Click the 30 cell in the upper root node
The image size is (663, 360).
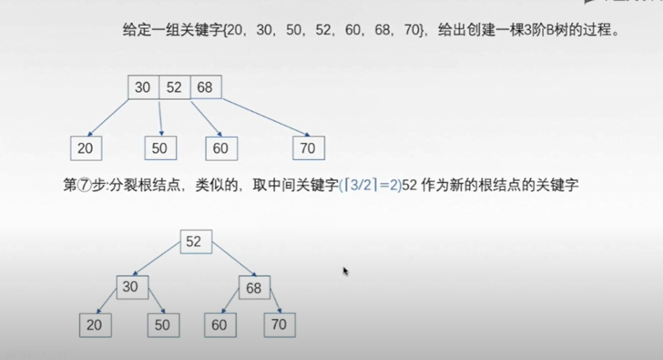coord(143,88)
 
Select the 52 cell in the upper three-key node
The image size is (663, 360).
coord(174,88)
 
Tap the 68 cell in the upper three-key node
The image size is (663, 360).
coord(206,88)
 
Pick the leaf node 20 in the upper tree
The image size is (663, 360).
coord(86,148)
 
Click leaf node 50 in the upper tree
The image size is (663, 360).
coord(160,148)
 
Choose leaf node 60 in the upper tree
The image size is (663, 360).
coord(221,148)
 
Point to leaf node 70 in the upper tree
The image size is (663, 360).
coord(308,148)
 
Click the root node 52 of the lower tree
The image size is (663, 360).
coord(195,242)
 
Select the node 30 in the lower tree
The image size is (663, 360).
coord(132,288)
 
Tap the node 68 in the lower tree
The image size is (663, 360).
coord(254,289)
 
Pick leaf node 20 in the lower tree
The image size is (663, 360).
coord(95,325)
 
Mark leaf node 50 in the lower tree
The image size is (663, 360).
coord(163,325)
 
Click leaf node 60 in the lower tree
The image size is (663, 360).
coord(220,325)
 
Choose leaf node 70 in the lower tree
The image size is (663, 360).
coord(279,324)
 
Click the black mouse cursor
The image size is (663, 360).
coord(345,271)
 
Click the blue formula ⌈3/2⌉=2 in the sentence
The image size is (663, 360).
coord(370,185)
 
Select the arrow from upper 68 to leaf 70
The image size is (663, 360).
coord(265,118)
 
